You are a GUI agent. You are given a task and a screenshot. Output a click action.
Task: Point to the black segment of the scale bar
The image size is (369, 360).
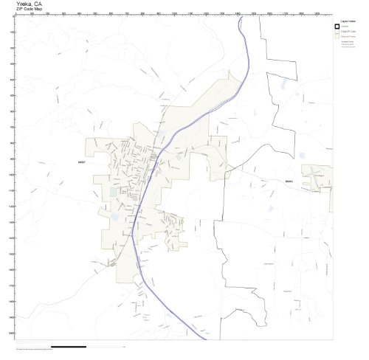pyautogui.click(x=70, y=346)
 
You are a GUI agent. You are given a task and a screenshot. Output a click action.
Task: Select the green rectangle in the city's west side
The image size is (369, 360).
pyautogui.click(x=113, y=193)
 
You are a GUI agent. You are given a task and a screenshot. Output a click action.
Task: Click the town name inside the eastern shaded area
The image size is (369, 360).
pyautogui.click(x=319, y=176)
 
